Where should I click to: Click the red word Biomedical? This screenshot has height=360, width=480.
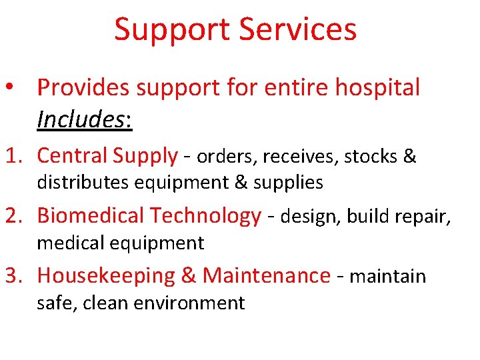(x=91, y=216)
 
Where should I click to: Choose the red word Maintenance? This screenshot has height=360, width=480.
(x=267, y=275)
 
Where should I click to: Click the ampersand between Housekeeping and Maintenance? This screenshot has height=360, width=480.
(x=190, y=276)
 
